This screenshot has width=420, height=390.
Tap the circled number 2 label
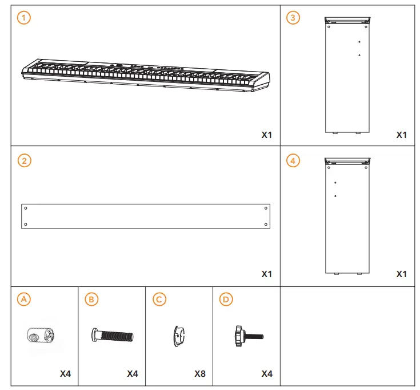click(x=23, y=160)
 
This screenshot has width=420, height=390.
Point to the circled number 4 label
click(x=293, y=160)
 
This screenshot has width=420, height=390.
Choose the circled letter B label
click(x=90, y=299)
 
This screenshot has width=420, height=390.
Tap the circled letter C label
click(x=158, y=299)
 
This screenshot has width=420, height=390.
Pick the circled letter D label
click(x=226, y=299)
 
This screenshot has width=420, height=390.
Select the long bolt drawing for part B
click(x=112, y=334)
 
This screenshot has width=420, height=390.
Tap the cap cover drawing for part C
click(x=178, y=336)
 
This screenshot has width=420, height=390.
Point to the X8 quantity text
click(x=199, y=374)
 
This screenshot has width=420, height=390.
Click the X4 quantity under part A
click(x=65, y=374)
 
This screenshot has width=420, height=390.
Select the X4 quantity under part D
click(x=267, y=374)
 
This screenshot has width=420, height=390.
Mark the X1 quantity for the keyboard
click(x=267, y=135)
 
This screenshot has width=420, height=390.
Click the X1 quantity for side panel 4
click(x=402, y=274)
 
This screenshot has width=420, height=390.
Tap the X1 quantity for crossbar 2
click(x=267, y=274)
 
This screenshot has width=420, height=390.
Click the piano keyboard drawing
click(x=146, y=74)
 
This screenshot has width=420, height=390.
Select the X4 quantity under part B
click(x=133, y=374)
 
